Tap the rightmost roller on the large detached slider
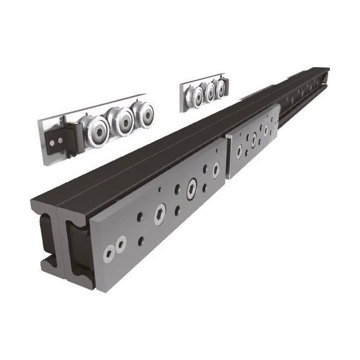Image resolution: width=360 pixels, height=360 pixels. tap(144, 113)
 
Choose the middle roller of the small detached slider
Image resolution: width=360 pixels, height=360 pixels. tap(210, 92)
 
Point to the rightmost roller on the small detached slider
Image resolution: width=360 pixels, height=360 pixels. tap(221, 88)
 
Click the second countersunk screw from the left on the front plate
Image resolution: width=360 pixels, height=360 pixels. tap(121, 245)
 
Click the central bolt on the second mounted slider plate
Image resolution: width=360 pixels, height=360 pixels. tap(253, 139)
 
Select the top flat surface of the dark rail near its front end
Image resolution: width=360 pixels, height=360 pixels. tap(108, 186)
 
